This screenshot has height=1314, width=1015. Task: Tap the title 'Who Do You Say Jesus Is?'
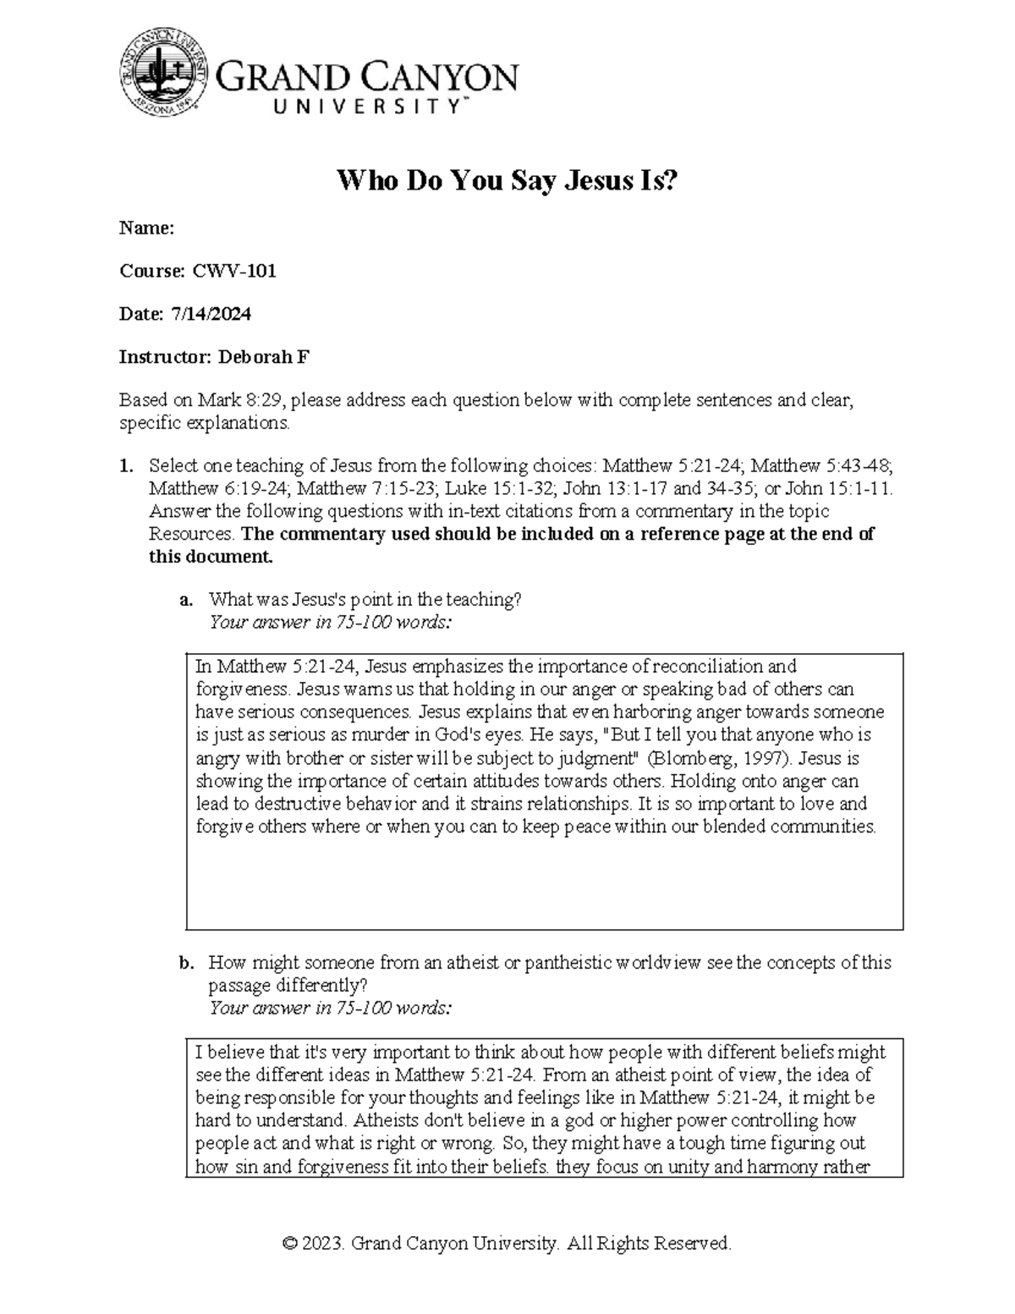(507, 180)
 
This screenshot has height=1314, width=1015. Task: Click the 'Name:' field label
(146, 228)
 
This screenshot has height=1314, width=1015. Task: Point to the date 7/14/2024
(211, 314)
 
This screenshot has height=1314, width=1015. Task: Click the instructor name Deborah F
(264, 357)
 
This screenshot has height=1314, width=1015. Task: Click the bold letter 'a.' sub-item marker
(187, 600)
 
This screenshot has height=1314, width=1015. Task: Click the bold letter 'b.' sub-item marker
(187, 963)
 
